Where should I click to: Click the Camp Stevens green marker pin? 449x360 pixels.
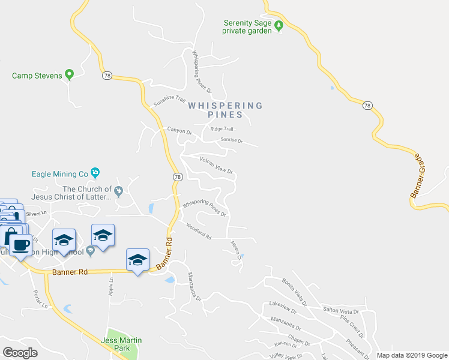pyautogui.click(x=69, y=75)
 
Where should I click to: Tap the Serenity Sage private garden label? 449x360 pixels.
pyautogui.click(x=248, y=27)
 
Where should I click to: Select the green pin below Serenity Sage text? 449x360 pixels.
pyautogui.click(x=279, y=30)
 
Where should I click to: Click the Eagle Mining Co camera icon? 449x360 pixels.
pyautogui.click(x=95, y=174)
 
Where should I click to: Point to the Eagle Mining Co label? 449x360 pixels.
pyautogui.click(x=60, y=175)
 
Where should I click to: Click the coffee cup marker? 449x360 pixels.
pyautogui.click(x=20, y=245)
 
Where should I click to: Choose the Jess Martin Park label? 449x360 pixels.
pyautogui.click(x=124, y=344)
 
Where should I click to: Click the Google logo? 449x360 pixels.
pyautogui.click(x=20, y=352)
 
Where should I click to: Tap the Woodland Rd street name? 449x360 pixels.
pyautogui.click(x=199, y=232)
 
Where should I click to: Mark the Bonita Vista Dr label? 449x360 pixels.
pyautogui.click(x=295, y=292)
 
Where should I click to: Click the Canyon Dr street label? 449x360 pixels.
pyautogui.click(x=179, y=132)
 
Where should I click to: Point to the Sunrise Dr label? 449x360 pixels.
pyautogui.click(x=231, y=140)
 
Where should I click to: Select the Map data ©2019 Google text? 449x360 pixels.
pyautogui.click(x=411, y=355)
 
